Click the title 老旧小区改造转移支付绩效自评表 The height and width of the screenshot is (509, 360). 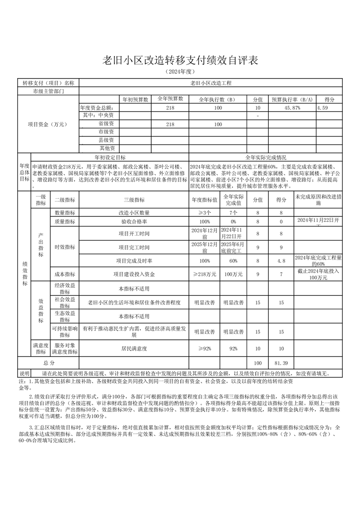pos(180,61)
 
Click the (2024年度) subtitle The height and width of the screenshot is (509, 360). pos(180,72)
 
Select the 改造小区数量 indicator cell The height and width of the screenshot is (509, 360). pos(134,212)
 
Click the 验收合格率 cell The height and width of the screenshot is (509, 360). pos(134,222)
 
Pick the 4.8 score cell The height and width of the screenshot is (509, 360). pos(281,261)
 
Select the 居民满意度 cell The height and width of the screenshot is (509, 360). pos(134,349)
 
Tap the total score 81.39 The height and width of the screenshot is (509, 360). pos(281,363)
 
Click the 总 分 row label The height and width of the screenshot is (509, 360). pos(49,363)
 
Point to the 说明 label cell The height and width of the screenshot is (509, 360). pos(24,373)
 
